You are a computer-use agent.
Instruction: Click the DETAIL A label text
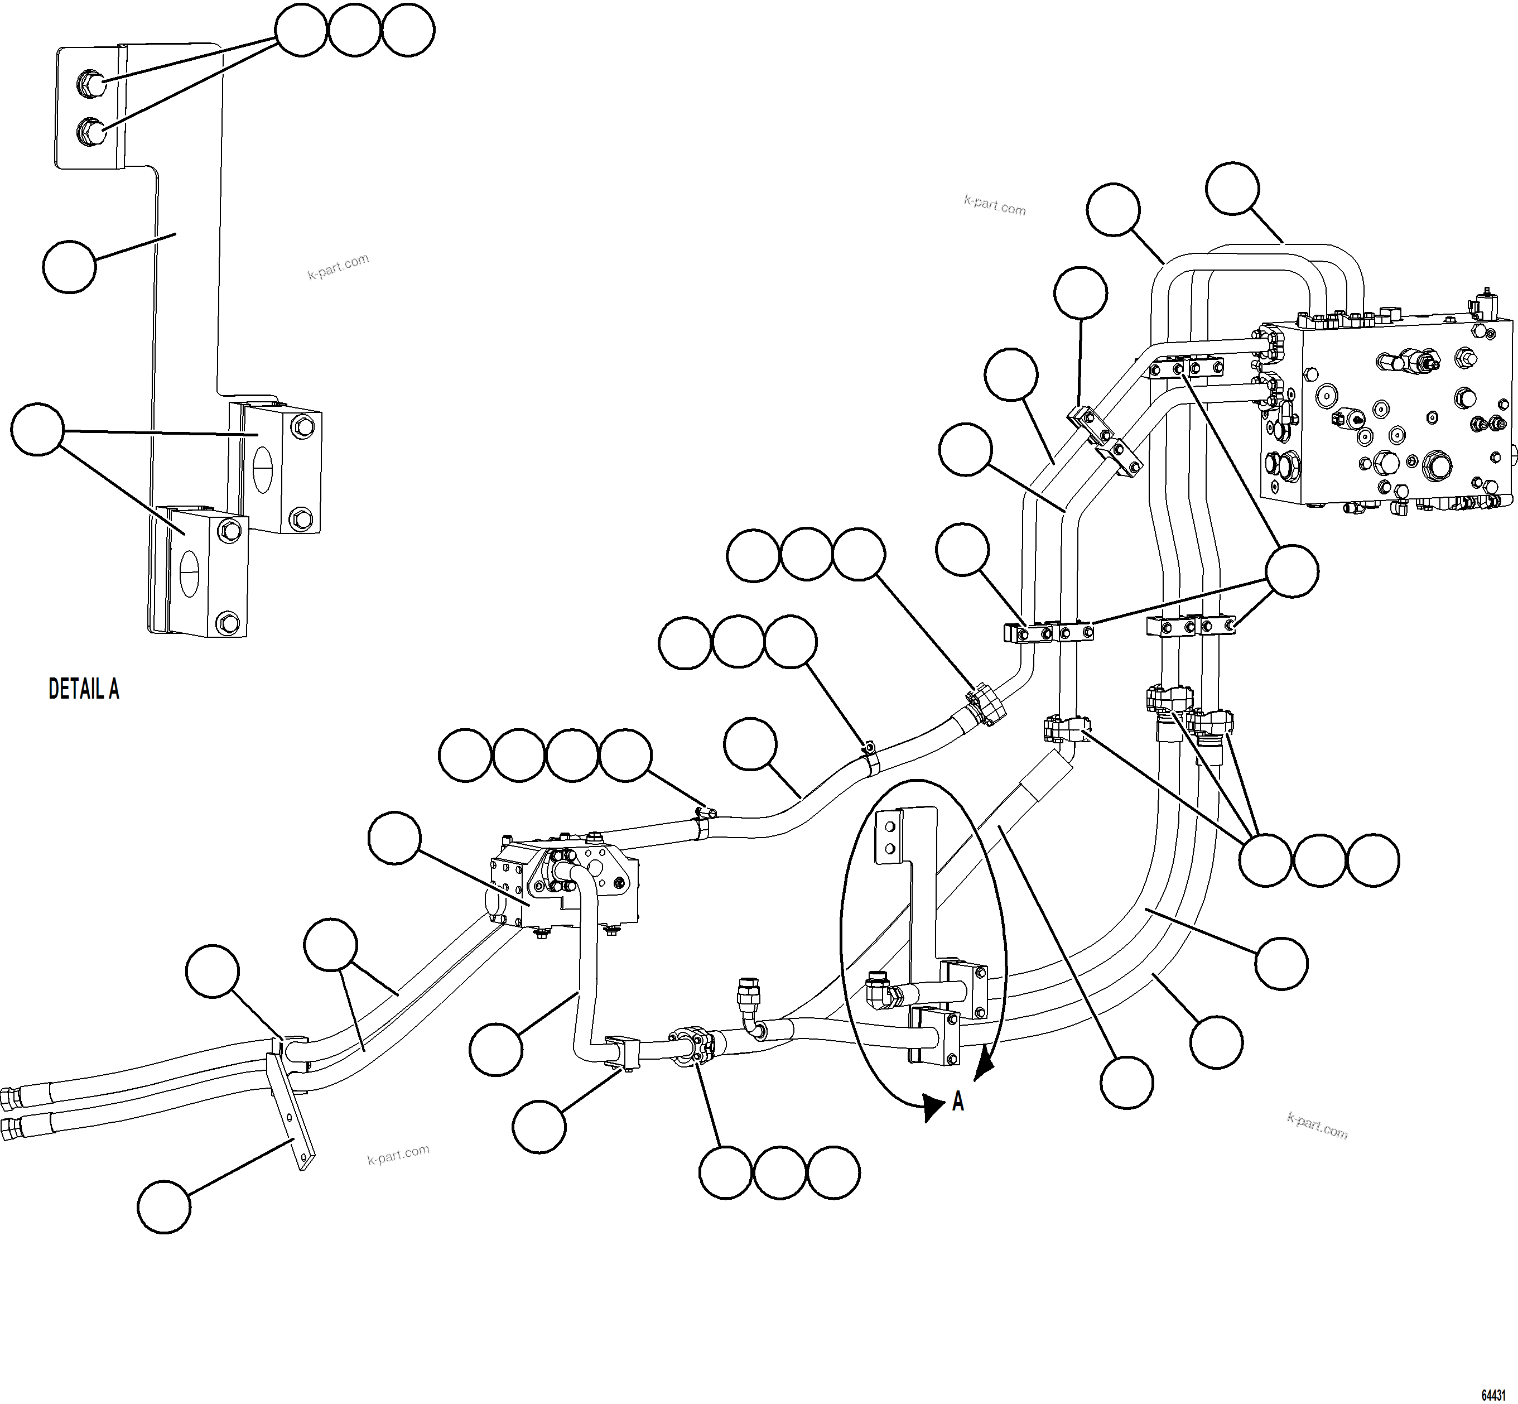pos(84,689)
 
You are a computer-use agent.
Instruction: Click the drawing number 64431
pos(1493,1395)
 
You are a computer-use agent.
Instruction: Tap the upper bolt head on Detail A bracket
pos(91,82)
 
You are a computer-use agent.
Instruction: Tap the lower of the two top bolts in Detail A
pos(91,133)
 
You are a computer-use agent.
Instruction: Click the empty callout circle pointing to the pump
pos(394,838)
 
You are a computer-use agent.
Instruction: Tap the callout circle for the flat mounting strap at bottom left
pos(164,1207)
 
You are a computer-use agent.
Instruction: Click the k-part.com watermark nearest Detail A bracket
pos(338,266)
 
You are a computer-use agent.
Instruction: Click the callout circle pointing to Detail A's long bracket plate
pos(69,267)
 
